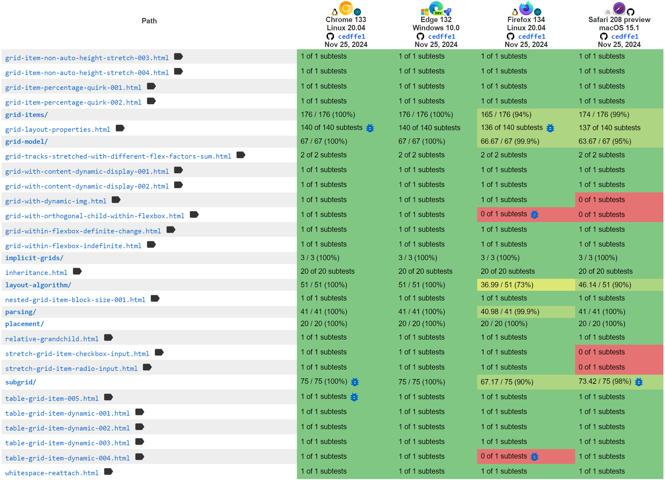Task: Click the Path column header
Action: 149,21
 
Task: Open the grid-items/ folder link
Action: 26,115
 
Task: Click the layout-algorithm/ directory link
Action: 38,285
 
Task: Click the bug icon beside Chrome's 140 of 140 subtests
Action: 370,128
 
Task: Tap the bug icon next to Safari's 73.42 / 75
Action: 639,382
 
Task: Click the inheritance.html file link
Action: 36,273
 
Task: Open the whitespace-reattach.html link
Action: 52,473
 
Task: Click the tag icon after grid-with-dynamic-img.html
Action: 116,200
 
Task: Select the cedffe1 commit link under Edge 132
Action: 442,37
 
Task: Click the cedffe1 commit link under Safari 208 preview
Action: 625,37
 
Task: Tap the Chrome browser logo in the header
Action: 346,9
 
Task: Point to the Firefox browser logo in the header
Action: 526,9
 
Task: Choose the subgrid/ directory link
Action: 21,382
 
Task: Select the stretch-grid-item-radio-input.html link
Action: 71,369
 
